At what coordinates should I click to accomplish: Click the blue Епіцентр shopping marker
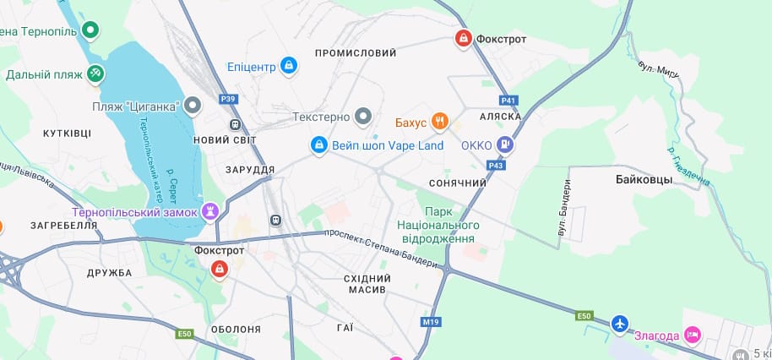[289, 66]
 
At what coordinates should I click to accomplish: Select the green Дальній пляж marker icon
[95, 74]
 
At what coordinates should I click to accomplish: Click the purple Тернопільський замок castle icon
[210, 211]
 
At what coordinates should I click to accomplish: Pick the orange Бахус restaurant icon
[439, 122]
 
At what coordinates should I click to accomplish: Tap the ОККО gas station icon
[505, 145]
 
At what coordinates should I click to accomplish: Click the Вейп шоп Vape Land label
[388, 145]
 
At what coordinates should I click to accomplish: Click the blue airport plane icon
[620, 324]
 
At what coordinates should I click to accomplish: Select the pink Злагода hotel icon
[693, 335]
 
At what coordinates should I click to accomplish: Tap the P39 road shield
[228, 99]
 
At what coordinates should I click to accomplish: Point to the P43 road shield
[496, 165]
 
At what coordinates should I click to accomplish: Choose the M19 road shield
[431, 322]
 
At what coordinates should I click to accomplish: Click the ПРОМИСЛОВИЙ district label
[356, 53]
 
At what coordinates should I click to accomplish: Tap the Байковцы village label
[644, 180]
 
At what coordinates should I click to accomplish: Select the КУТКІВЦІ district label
[67, 134]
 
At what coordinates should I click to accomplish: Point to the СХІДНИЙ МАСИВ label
[368, 284]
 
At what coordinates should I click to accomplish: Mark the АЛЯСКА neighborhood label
[500, 116]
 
